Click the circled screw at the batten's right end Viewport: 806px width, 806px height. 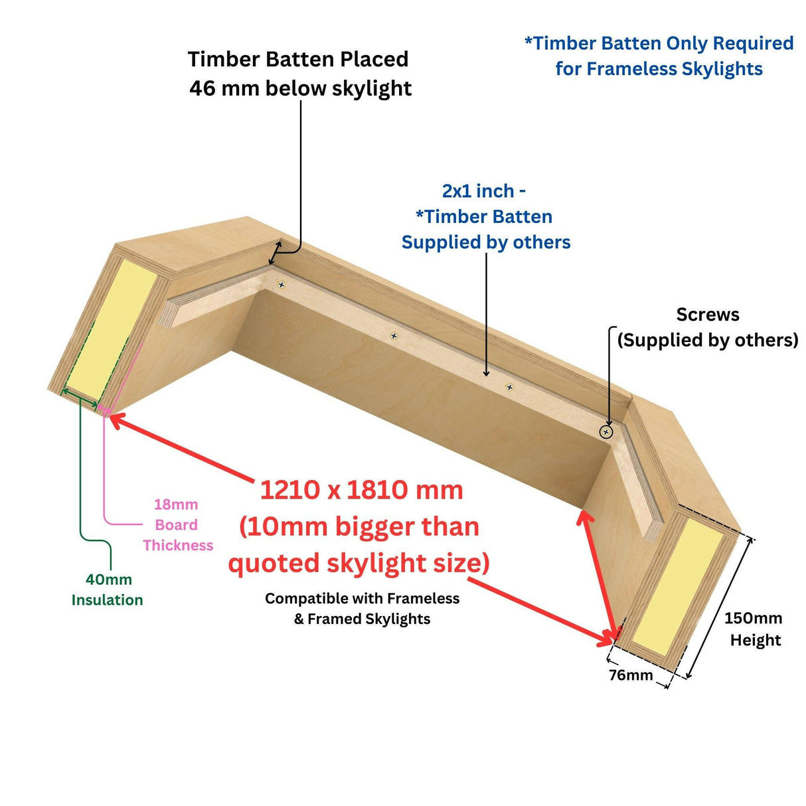click(x=605, y=432)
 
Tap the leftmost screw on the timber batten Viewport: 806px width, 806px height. click(x=282, y=285)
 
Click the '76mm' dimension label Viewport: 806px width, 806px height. click(x=631, y=675)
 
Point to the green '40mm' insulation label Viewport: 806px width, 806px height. click(x=108, y=580)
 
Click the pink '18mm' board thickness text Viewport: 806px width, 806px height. click(x=176, y=505)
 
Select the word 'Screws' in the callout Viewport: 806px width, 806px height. click(x=708, y=315)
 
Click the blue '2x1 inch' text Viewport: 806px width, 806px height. click(x=478, y=191)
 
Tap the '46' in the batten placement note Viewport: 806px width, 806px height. click(x=202, y=88)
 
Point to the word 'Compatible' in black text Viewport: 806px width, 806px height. click(x=305, y=598)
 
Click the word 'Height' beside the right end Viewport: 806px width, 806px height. click(x=756, y=640)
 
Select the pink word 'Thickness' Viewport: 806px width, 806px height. click(x=178, y=546)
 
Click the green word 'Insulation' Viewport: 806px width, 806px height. click(x=107, y=600)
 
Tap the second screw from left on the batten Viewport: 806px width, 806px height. click(x=394, y=336)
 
